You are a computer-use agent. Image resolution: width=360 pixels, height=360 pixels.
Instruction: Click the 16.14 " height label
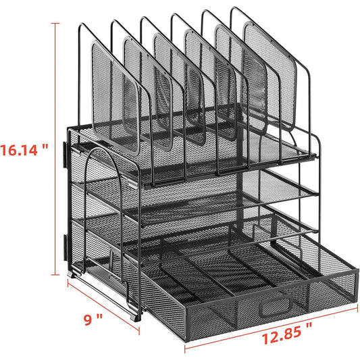pyautogui.click(x=24, y=149)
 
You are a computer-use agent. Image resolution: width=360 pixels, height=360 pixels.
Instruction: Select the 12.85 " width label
pyautogui.click(x=279, y=342)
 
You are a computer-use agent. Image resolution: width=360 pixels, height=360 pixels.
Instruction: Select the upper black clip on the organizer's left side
pyautogui.click(x=66, y=154)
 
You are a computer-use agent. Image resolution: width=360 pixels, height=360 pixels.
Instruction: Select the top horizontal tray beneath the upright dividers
pyautogui.click(x=203, y=159)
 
